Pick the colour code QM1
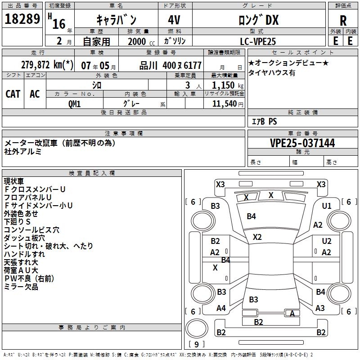[x=75, y=103]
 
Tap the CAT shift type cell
[x=13, y=94]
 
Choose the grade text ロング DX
[x=258, y=20]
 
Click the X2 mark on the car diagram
[x=257, y=237]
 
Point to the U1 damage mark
[x=327, y=206]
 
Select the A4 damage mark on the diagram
[x=221, y=308]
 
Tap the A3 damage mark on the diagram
[x=320, y=308]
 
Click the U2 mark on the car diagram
[x=327, y=241]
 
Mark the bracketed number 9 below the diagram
[x=196, y=344]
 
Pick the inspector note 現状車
[x=13, y=181]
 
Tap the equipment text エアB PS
[x=265, y=121]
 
